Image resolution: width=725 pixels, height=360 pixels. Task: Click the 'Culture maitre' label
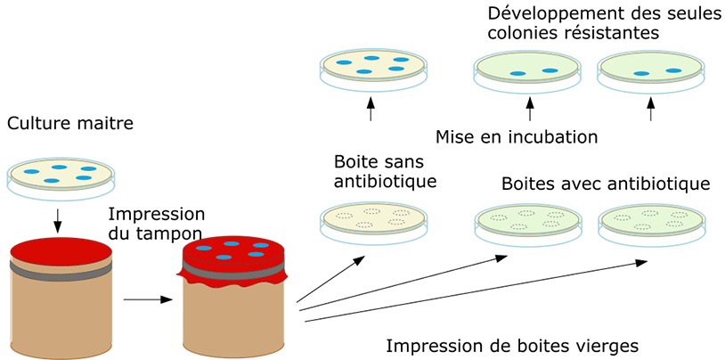coord(69,123)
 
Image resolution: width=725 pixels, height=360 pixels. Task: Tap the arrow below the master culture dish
coord(58,218)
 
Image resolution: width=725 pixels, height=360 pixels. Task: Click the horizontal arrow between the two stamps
coord(147,299)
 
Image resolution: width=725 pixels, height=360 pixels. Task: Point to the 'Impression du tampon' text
coord(157,225)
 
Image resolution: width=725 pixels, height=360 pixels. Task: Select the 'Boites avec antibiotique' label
coord(605,184)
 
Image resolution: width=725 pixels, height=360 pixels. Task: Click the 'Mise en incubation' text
coord(516,137)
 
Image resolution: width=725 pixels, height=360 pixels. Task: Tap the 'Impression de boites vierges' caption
coord(512,345)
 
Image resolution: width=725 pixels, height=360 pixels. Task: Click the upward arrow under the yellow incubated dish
coord(372,110)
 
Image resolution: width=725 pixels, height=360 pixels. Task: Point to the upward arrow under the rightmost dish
coord(651,110)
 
